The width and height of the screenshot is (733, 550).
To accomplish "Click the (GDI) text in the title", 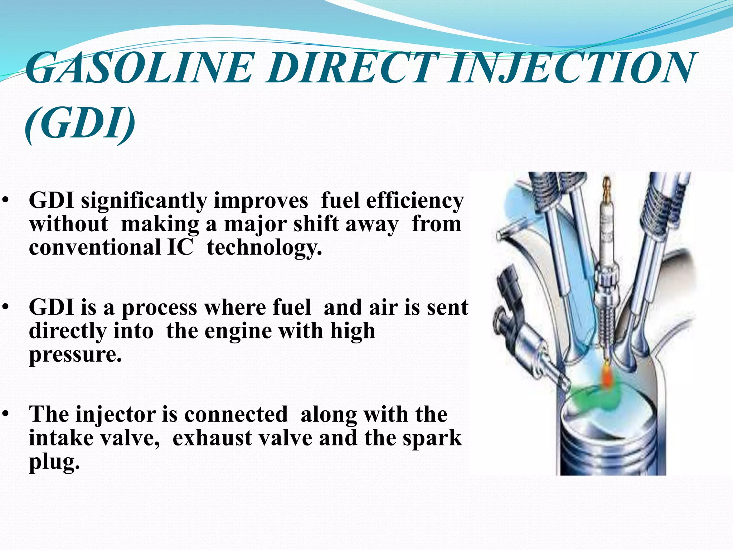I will [x=81, y=124].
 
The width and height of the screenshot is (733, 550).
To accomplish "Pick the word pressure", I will [x=75, y=354].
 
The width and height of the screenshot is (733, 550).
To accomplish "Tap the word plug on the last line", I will [x=54, y=462].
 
